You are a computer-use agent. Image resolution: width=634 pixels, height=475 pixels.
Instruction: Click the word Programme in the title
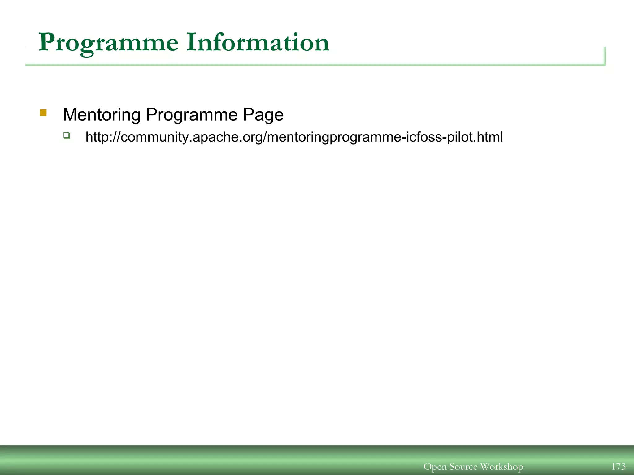pyautogui.click(x=108, y=43)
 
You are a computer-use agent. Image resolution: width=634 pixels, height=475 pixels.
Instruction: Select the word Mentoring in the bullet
pyautogui.click(x=102, y=115)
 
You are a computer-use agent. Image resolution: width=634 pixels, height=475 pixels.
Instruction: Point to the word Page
pyautogui.click(x=263, y=115)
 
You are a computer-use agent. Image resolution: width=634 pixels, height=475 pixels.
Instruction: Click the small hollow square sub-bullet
pyautogui.click(x=67, y=135)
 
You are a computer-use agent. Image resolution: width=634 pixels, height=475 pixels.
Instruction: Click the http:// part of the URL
pyautogui.click(x=102, y=137)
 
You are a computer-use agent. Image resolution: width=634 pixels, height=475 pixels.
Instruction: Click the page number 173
pyautogui.click(x=618, y=466)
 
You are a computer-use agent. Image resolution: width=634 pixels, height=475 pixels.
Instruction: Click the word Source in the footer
pyautogui.click(x=463, y=466)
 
